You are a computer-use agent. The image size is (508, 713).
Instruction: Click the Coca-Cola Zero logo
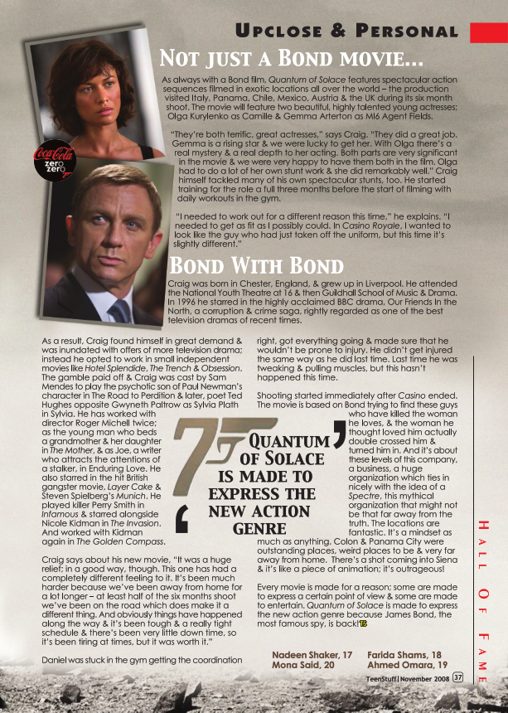point(54,158)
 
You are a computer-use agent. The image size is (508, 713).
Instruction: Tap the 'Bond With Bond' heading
point(256,266)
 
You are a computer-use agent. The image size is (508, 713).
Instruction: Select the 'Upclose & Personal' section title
point(346,32)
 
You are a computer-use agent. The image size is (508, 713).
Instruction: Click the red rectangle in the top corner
point(488,32)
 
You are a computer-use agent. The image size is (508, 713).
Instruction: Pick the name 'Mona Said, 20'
point(302,665)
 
